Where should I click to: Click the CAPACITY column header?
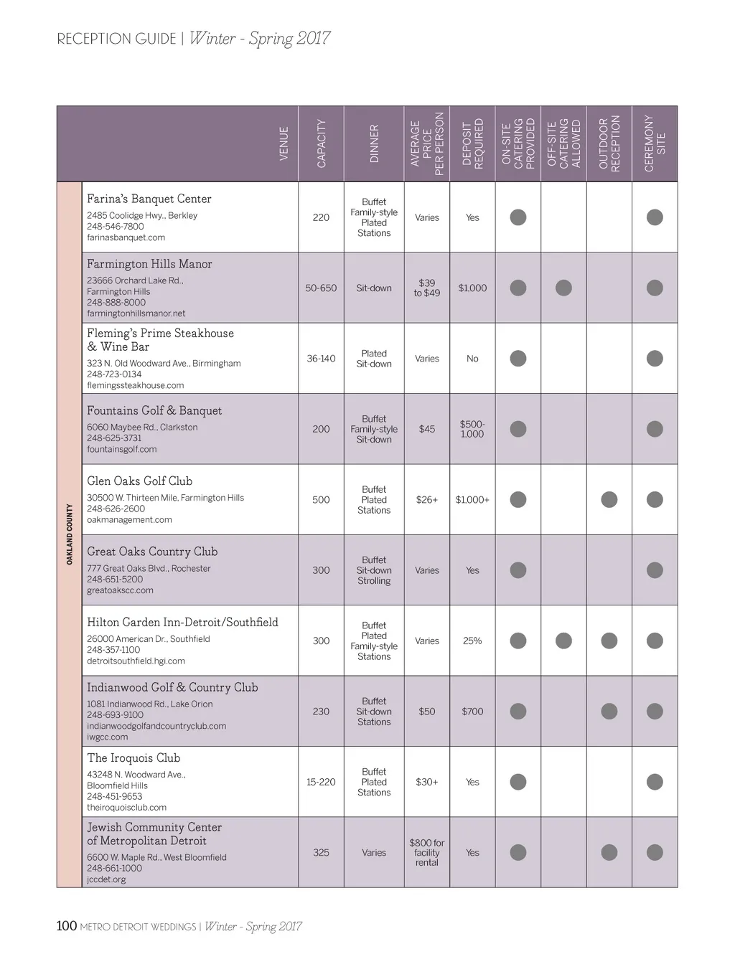[322, 143]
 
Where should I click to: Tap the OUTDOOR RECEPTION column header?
[609, 143]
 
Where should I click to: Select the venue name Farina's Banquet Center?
[149, 199]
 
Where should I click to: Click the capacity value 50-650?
[321, 288]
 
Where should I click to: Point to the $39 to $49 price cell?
[427, 288]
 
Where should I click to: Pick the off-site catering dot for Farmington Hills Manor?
[564, 288]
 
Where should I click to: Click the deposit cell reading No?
[472, 359]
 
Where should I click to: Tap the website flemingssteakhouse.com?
[136, 385]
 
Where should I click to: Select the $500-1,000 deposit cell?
[472, 429]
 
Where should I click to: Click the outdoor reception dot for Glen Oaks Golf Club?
[609, 499]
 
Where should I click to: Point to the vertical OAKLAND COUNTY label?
[70, 534]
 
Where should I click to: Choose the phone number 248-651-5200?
[115, 579]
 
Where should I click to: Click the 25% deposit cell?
[472, 641]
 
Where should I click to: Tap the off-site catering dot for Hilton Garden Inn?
[564, 641]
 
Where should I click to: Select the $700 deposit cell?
[472, 712]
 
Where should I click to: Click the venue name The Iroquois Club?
[134, 757]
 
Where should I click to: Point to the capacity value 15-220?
[321, 782]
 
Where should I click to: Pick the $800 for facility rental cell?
[427, 852]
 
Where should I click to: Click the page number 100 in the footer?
[67, 926]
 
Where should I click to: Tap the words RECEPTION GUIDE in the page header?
[116, 39]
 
